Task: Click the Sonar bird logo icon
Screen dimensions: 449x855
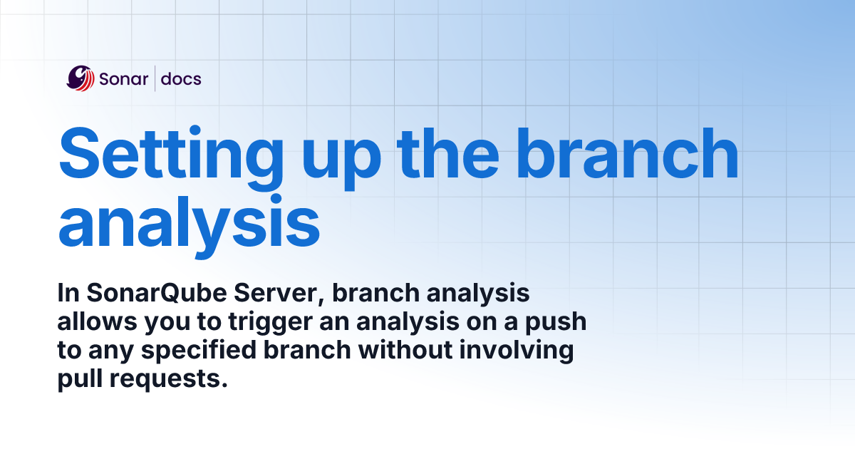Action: (81, 78)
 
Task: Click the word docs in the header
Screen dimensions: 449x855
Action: (181, 79)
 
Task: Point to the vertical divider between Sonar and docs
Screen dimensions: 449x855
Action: (155, 78)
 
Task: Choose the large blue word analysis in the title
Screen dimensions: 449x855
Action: (189, 222)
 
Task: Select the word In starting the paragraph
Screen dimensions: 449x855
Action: (68, 294)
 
